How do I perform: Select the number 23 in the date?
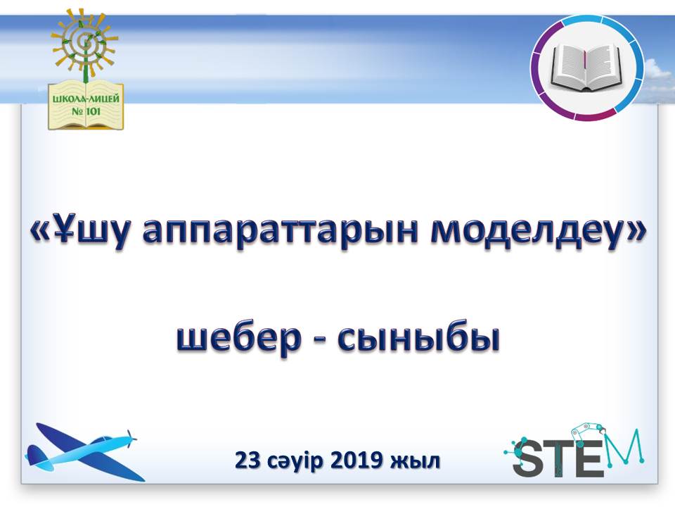click(247, 461)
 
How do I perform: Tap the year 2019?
click(356, 461)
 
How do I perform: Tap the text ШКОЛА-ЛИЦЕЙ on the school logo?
click(86, 99)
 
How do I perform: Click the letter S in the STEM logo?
click(529, 458)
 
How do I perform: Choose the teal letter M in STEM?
click(626, 447)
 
